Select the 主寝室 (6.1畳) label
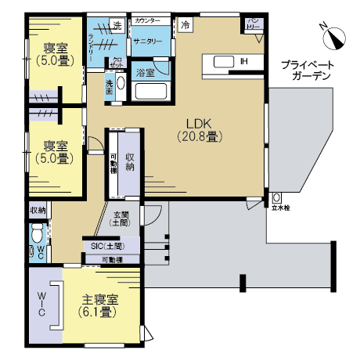coord(100,305)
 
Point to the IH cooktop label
coord(243,61)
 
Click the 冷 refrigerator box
coord(186,25)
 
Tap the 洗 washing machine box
coord(117,26)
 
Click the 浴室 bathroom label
coord(146,72)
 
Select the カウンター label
coord(149,19)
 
